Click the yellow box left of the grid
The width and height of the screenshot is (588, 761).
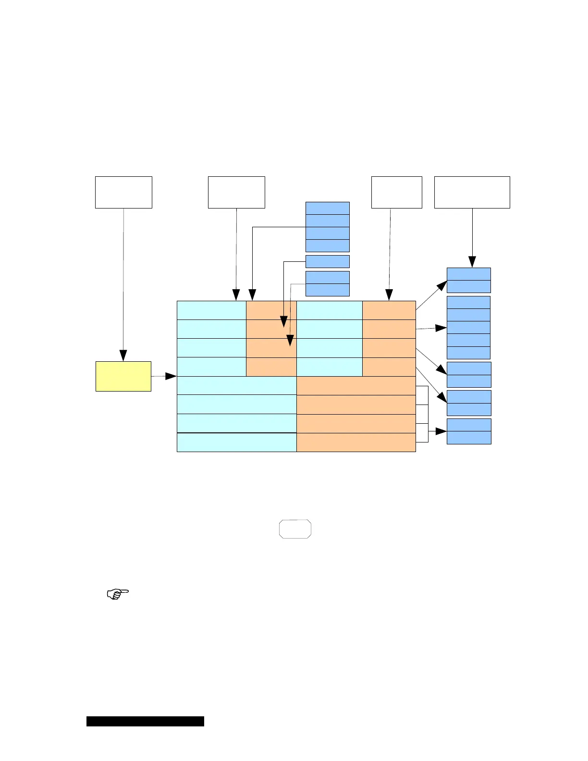click(x=123, y=376)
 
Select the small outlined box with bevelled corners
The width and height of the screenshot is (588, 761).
click(x=295, y=528)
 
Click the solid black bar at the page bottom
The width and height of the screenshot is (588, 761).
click(x=145, y=721)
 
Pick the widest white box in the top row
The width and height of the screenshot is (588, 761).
click(x=472, y=192)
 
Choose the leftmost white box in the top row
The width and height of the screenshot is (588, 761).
click(x=123, y=192)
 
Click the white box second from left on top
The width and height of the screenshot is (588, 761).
click(x=236, y=192)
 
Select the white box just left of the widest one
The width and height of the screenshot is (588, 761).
click(x=396, y=192)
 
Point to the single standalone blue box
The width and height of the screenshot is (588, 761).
click(x=327, y=262)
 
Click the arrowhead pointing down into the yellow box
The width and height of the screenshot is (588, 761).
click(x=123, y=356)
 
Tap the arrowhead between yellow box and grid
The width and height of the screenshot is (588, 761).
click(x=171, y=376)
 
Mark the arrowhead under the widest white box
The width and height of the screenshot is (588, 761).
click(x=472, y=262)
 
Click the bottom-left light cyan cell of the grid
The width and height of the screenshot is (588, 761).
click(x=236, y=442)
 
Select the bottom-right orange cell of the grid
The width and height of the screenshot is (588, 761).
click(x=356, y=442)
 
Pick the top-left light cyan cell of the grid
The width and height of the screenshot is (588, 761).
click(x=211, y=310)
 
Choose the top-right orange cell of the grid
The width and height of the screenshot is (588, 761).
click(x=389, y=310)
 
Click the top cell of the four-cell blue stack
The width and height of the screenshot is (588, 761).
click(x=327, y=208)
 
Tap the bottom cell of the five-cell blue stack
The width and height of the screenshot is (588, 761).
click(x=468, y=353)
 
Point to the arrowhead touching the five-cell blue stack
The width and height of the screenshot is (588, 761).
click(x=441, y=328)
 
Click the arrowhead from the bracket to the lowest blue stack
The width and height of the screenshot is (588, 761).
click(x=441, y=431)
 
